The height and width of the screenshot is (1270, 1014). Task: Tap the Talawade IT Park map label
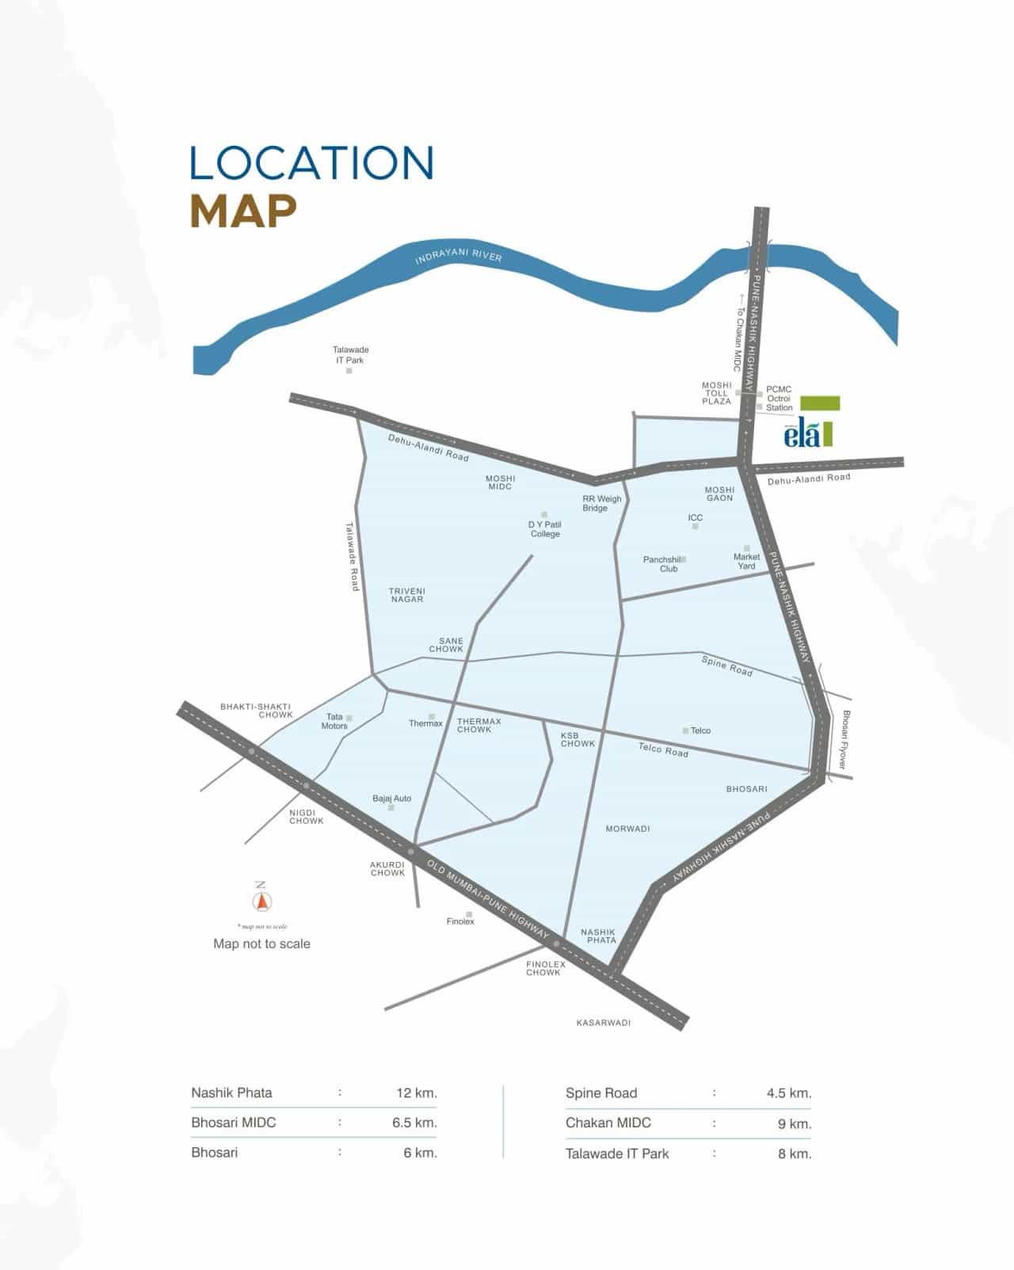pos(350,355)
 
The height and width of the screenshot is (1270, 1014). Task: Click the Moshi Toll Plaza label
pos(717,393)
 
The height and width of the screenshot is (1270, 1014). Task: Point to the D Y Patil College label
pos(545,529)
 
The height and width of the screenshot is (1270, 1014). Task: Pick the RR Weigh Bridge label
pos(601,503)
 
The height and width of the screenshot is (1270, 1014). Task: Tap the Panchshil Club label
pos(662,564)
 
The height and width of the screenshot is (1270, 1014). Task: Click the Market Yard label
pos(746,561)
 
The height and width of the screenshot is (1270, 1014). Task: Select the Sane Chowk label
pos(446,645)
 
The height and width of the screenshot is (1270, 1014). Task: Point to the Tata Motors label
pos(334,721)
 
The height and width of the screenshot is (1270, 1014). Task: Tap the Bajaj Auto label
pos(392,799)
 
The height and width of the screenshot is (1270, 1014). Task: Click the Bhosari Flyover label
pos(844,739)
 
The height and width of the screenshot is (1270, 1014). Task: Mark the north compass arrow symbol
pos(261,901)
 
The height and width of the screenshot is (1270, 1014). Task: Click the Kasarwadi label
pos(604,1023)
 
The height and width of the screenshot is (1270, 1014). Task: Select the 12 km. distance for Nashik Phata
pos(417,1093)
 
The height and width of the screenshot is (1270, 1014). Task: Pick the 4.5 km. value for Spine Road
pos(788,1093)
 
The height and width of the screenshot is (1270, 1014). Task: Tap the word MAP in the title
pos(243,210)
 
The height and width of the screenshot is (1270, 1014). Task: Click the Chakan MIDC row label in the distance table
pos(608,1123)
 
